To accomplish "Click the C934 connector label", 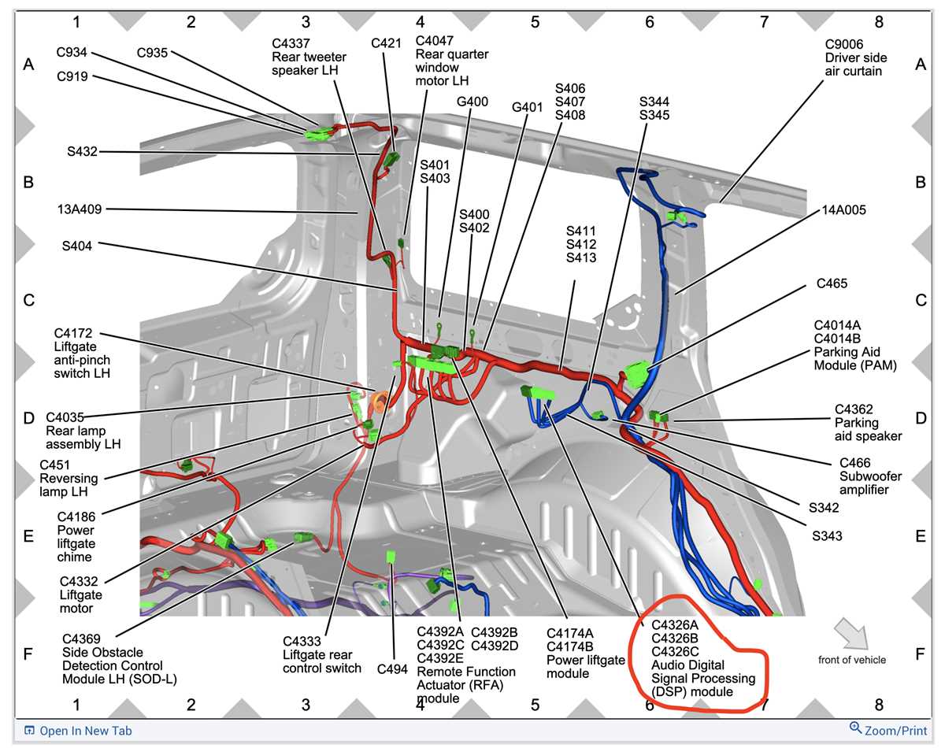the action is point(72,52).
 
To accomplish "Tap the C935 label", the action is point(152,53).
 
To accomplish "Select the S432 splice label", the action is point(82,151).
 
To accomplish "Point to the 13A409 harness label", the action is point(80,209).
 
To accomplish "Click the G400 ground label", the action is point(472,102).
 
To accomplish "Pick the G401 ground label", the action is point(527,107).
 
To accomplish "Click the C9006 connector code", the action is point(844,44).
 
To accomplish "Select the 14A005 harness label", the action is point(843,210).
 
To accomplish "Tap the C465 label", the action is point(832,283).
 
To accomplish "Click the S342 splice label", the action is point(824,508).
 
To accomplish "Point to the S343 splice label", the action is point(827,536).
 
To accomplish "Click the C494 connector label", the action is point(392,669).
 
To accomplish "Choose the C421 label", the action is point(386,43).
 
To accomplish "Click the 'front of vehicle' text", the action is point(852,660).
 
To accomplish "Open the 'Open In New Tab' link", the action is point(78,731).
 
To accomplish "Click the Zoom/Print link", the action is point(888,730).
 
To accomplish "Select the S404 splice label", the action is point(77,246).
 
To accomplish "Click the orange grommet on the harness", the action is point(379,401).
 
